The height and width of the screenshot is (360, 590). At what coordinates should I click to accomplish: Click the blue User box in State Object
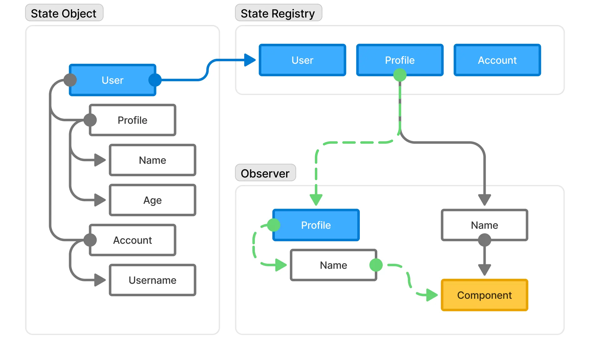[x=112, y=80]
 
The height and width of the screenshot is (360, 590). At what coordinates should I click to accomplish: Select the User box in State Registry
[x=302, y=60]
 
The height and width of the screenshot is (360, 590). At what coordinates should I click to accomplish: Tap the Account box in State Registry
[x=497, y=60]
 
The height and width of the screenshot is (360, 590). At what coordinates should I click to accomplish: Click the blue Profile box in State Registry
[x=399, y=60]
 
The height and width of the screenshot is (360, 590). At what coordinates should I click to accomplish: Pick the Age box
[x=152, y=200]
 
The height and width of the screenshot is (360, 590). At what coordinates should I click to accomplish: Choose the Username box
[x=152, y=280]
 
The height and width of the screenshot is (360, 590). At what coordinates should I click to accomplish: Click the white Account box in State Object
[x=132, y=240]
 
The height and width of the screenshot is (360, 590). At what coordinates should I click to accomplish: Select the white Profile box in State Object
[x=132, y=120]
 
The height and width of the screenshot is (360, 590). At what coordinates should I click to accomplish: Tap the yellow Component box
[x=484, y=295]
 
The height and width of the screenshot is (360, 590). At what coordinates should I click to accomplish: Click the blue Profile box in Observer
[x=316, y=225]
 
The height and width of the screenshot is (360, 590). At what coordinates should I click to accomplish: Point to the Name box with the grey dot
[x=484, y=225]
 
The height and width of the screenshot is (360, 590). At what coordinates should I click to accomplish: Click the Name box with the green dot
[x=333, y=265]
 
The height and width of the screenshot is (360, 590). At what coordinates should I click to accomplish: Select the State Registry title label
[x=278, y=13]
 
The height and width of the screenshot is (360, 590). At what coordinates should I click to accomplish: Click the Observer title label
[x=265, y=173]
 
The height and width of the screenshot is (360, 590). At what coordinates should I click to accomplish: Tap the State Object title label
[x=63, y=13]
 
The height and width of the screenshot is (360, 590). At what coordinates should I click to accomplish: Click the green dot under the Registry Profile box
[x=400, y=75]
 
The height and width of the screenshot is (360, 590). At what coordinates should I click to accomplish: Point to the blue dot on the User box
[x=155, y=80]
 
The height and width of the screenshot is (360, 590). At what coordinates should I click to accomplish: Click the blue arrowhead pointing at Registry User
[x=250, y=60]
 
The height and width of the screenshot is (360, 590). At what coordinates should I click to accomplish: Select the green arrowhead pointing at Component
[x=432, y=295]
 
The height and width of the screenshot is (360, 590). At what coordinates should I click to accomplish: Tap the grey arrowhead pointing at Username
[x=100, y=280]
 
